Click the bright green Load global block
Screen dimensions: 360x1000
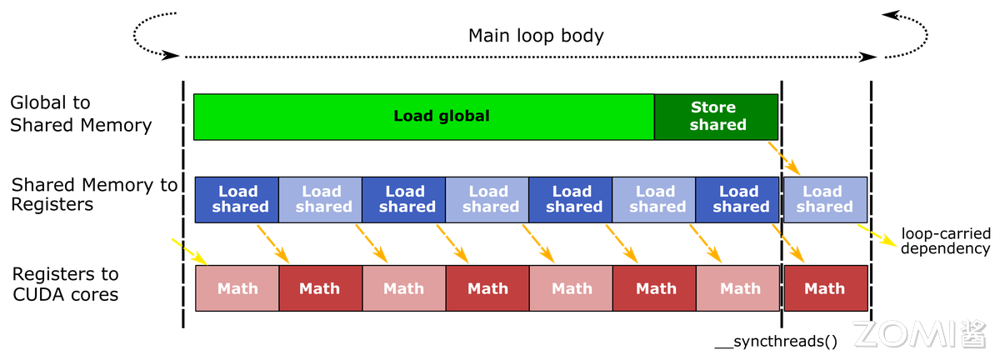pos(423,117)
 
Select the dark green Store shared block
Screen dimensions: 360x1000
pos(716,117)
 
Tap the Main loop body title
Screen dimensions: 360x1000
pos(535,36)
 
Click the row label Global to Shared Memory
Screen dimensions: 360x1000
pos(81,114)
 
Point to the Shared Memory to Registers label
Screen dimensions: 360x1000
pos(93,194)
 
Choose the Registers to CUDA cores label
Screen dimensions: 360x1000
pos(65,283)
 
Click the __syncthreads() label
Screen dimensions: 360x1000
pos(776,342)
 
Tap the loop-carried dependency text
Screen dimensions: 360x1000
pos(945,242)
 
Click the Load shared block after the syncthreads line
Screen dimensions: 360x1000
pos(825,199)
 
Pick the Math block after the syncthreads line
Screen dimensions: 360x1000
pos(825,288)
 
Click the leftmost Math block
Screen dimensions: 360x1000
pos(237,288)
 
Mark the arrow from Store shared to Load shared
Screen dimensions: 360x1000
pos(785,158)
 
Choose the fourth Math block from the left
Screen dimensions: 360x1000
pos(487,288)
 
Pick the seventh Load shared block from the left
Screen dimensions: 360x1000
pos(737,199)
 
